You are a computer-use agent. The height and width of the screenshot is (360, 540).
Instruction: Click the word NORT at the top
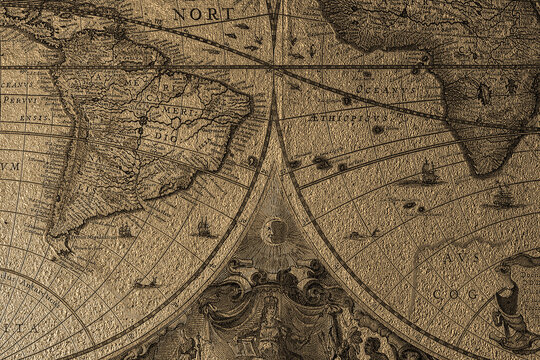point(205,14)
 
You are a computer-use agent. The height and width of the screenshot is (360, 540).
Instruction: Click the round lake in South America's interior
point(142,120)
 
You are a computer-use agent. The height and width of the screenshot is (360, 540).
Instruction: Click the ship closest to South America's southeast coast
point(125,230)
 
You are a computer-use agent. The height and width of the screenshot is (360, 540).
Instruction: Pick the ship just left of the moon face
point(204,228)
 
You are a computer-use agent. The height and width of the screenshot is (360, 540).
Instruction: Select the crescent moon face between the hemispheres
point(273,232)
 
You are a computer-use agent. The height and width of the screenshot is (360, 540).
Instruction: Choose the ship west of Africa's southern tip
point(428,173)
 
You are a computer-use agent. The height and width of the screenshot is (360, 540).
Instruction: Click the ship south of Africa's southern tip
point(502,197)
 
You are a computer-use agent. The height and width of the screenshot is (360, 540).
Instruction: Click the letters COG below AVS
point(456,295)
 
